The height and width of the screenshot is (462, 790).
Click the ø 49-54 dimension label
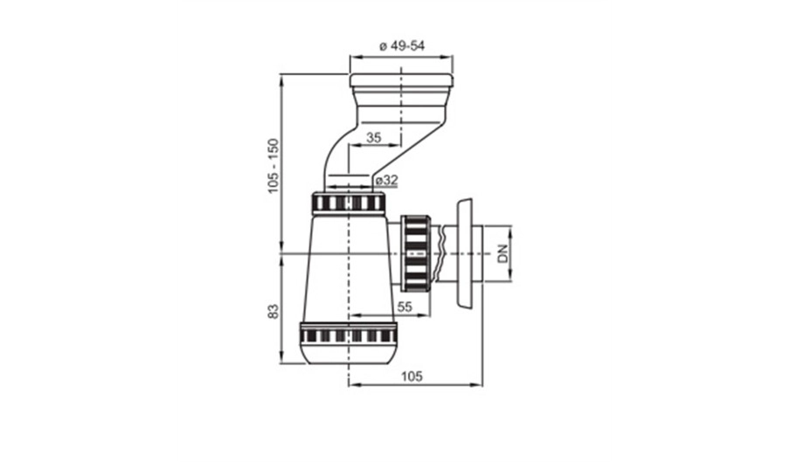click(x=401, y=45)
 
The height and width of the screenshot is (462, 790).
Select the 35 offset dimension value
click(x=374, y=137)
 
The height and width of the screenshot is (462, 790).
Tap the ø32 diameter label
click(x=386, y=180)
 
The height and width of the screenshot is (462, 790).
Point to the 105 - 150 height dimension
click(x=273, y=166)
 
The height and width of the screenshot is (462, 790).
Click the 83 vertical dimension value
click(x=273, y=311)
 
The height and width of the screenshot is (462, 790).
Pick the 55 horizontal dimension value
click(x=405, y=307)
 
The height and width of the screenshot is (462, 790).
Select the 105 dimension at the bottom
click(x=412, y=376)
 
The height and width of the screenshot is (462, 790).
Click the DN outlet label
click(x=503, y=253)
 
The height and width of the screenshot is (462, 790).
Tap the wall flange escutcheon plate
click(x=465, y=252)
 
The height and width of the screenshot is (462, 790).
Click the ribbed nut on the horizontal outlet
click(x=416, y=252)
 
